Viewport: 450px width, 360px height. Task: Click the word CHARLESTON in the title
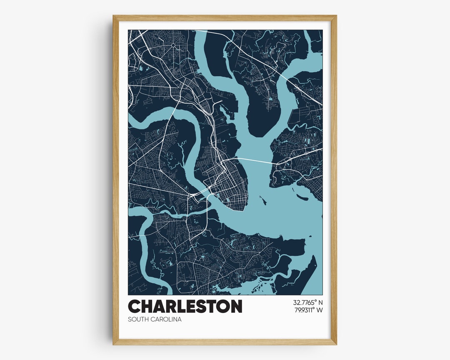coord(185,307)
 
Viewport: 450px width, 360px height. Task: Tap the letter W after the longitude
coord(320,310)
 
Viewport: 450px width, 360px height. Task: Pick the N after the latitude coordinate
coord(321,302)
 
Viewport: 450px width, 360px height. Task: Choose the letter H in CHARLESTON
coord(145,307)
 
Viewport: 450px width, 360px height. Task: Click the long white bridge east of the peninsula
coord(254,160)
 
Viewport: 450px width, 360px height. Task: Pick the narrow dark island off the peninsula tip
coord(263,202)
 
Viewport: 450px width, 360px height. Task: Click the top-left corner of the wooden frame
coord(113,16)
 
